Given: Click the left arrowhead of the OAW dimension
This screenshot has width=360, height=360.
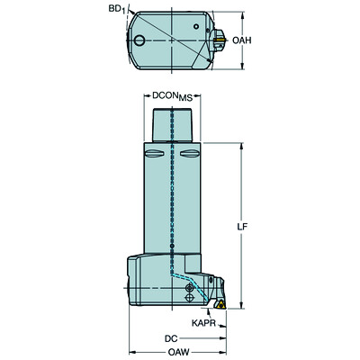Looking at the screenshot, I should (131, 349).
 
